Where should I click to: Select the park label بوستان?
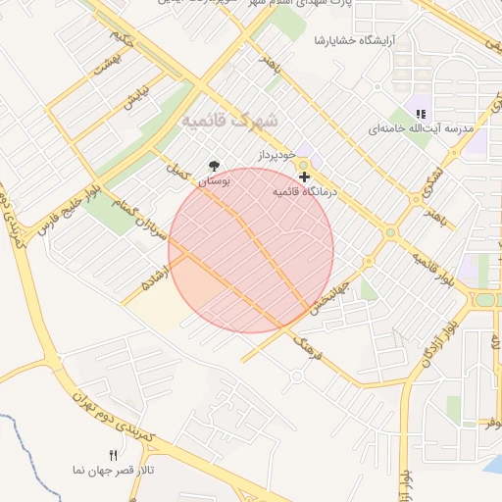click(x=215, y=181)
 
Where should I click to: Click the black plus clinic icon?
click(x=305, y=176)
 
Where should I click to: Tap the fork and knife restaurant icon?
click(x=113, y=455)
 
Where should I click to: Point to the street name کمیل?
click(x=176, y=170)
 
